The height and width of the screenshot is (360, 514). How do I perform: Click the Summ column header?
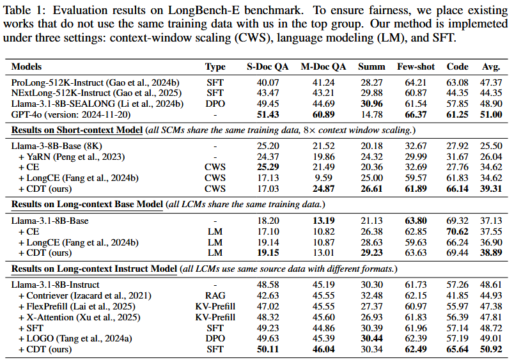point(371,67)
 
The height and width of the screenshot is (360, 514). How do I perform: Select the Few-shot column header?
point(412,67)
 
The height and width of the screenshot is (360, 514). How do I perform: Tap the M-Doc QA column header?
point(323,67)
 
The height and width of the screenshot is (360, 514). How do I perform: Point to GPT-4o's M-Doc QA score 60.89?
point(323,114)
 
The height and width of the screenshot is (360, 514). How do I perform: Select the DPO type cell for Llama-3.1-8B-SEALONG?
point(215,104)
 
